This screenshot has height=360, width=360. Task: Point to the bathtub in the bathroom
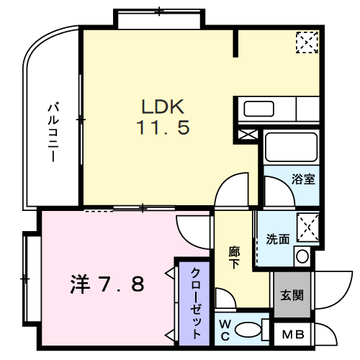click(x=289, y=147)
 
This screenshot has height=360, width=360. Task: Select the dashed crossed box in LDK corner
click(x=306, y=42)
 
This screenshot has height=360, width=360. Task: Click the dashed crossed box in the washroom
click(x=309, y=225)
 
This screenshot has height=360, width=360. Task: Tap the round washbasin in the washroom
click(x=302, y=255)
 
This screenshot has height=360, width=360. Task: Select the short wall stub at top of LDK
click(x=235, y=44)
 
